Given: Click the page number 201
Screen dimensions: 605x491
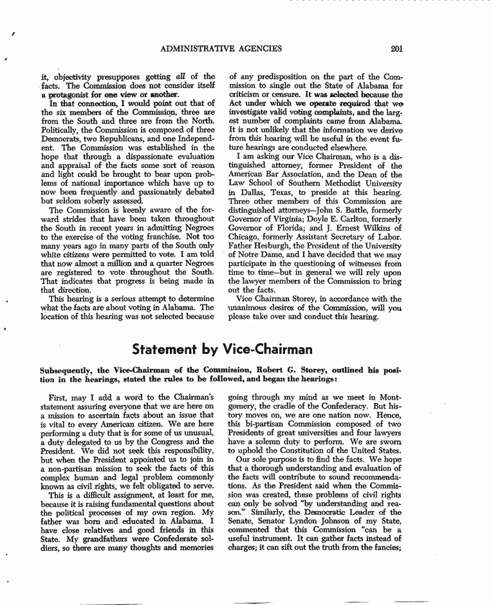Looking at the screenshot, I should coord(396,48).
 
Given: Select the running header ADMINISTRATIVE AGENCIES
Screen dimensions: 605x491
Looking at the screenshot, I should coord(221,48).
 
